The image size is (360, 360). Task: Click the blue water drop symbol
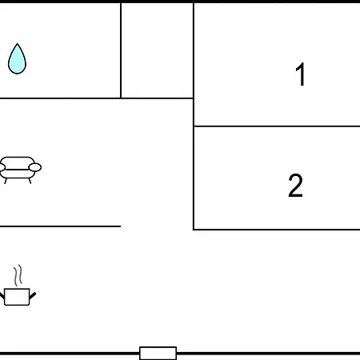coord(17,60)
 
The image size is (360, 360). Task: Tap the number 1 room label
coord(300,74)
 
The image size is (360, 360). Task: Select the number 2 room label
coord(295,186)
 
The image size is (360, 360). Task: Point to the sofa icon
coord(20,170)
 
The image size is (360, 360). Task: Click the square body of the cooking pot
coord(17,297)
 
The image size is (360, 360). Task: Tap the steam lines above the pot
coord(18,275)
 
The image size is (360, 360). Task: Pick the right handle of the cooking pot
coord(33,295)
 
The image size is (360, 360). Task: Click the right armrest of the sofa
coord(35,167)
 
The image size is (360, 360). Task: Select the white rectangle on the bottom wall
coord(158,353)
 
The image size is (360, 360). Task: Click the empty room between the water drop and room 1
coord(157,50)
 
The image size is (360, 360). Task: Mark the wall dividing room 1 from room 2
coord(277,126)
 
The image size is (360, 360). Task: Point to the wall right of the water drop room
coord(121,50)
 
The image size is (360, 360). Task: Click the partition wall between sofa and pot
coord(60,226)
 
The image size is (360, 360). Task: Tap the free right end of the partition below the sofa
coord(121,226)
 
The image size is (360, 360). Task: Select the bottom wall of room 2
coord(277,229)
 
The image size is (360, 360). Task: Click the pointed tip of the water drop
coord(18,43)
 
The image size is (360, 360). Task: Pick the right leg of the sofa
coord(30,181)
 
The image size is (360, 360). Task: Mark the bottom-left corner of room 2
coord(194,229)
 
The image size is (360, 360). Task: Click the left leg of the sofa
coord(6,181)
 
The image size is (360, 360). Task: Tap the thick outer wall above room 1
coord(277,2)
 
